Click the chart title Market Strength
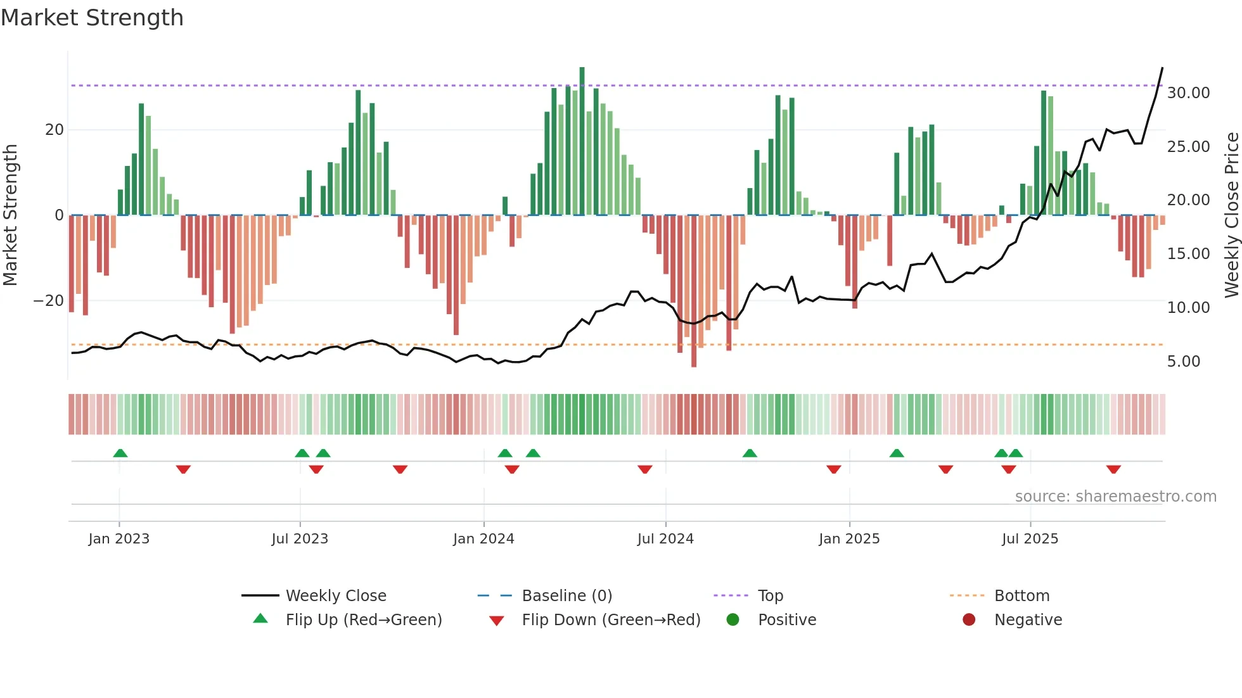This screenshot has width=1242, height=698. coord(92,18)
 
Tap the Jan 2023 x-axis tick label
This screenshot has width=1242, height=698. coord(118,539)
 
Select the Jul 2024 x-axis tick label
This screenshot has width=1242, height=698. coord(665,539)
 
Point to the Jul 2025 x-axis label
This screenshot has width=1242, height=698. coord(1030,539)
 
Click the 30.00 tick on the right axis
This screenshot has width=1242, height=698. coord(1188,93)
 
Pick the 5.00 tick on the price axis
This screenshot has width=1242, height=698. coord(1183,362)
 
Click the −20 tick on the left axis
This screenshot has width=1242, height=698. coord(49,301)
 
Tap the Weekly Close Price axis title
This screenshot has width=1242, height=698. coord(1231,215)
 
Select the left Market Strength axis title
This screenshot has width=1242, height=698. coord(10,215)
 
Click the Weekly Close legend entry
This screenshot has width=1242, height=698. coord(335,596)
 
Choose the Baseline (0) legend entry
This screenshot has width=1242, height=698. coord(567,596)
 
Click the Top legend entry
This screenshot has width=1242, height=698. coord(770,596)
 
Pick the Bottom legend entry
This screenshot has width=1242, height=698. coord(1021,596)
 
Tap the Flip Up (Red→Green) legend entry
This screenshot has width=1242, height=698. coord(363,620)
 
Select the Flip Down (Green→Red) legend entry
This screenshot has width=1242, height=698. coord(610,620)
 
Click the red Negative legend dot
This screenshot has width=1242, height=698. coord(968,620)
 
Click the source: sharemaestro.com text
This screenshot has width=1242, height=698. coord(1115,497)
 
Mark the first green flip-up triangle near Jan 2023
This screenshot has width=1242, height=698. coord(120,453)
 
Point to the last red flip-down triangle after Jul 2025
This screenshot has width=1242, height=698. coord(1113,469)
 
